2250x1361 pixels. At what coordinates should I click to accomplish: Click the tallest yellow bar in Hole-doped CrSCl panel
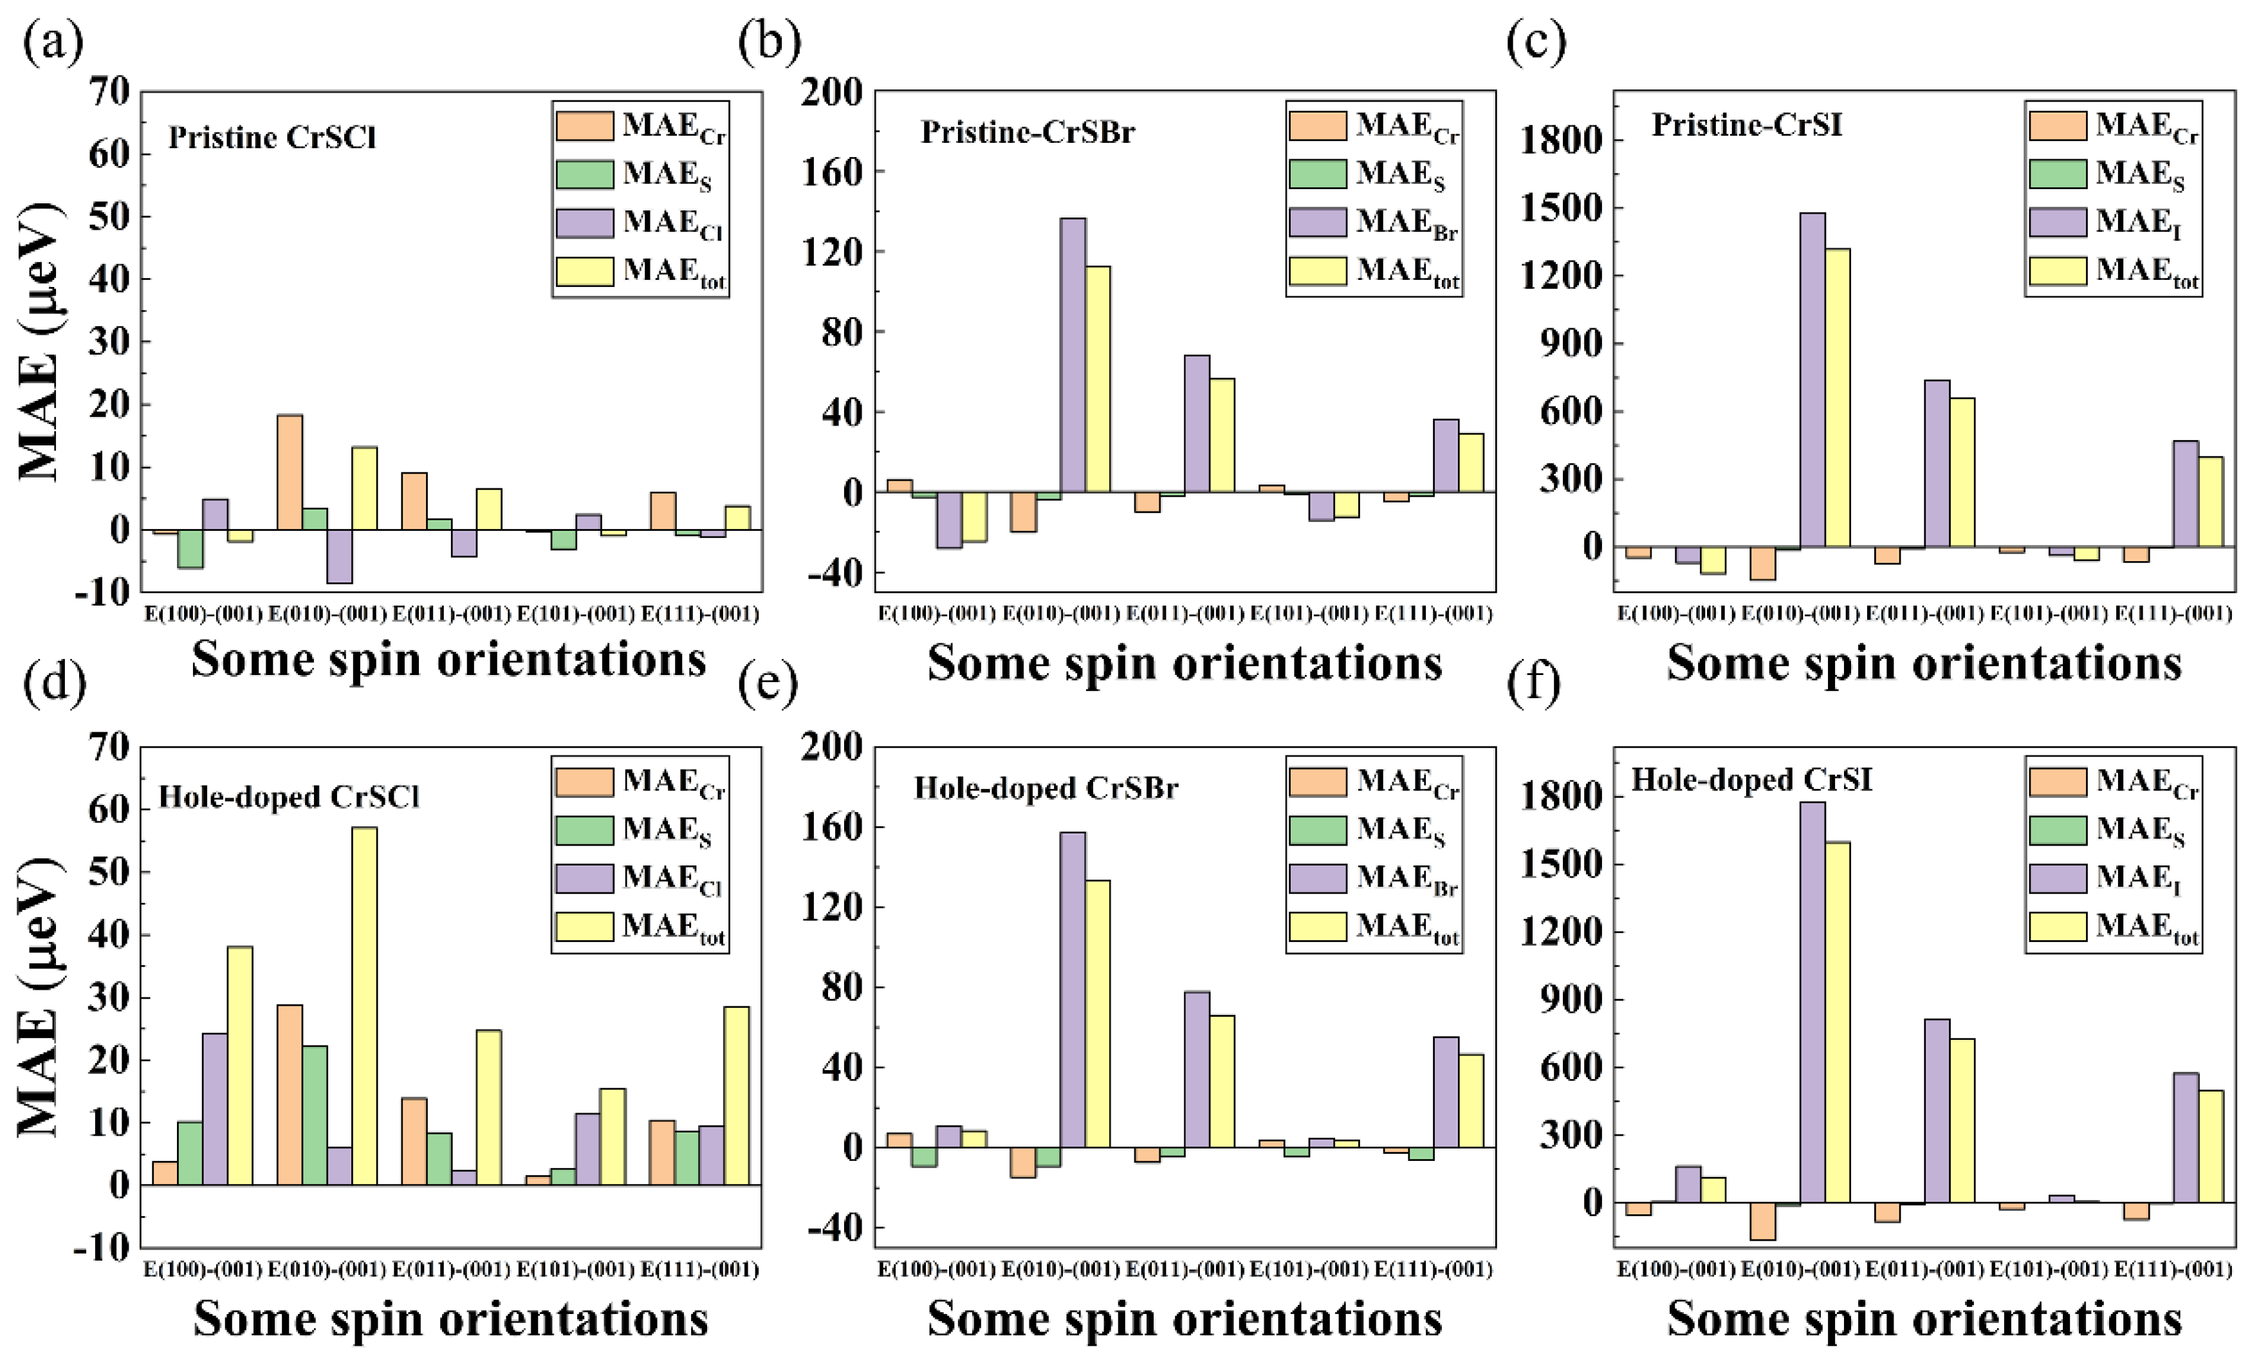click(364, 1005)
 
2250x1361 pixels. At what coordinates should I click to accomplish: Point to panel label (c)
click(1536, 42)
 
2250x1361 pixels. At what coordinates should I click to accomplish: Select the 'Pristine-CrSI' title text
click(1746, 125)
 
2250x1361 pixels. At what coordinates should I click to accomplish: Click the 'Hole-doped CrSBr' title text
click(1046, 788)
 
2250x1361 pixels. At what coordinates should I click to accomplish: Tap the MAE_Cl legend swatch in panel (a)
click(584, 223)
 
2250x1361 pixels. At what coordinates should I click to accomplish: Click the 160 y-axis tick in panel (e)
click(831, 828)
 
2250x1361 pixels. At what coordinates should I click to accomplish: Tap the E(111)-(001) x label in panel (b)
click(1433, 614)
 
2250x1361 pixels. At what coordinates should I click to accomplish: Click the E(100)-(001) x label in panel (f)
click(1675, 1269)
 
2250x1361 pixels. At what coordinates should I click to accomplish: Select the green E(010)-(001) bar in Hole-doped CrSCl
click(314, 1115)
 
